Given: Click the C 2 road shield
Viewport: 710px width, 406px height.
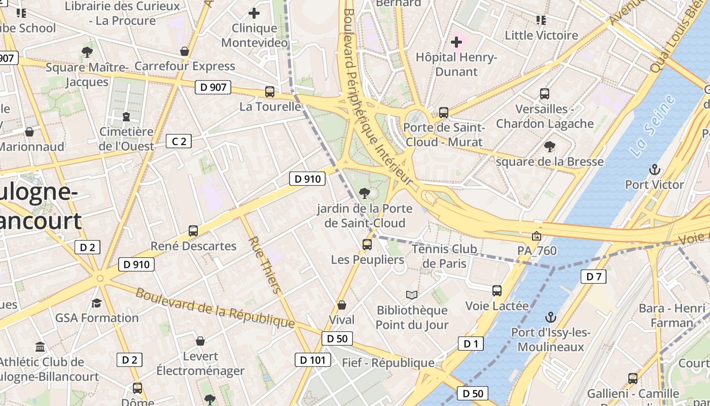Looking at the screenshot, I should tap(179, 141).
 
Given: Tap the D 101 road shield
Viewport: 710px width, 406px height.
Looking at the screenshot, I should tap(312, 360).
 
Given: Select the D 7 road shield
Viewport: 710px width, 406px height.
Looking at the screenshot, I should tap(593, 277).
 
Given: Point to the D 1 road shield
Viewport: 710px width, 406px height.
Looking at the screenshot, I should tap(471, 344).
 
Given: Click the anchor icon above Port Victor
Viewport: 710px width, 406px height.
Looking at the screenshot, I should tap(654, 169).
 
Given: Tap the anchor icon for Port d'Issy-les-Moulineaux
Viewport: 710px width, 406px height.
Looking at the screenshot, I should tap(550, 317).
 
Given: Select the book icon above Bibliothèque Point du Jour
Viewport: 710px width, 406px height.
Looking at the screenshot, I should tap(412, 295).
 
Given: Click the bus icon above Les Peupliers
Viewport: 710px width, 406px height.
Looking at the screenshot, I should tap(367, 244).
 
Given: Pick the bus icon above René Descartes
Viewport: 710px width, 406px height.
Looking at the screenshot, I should tap(193, 230).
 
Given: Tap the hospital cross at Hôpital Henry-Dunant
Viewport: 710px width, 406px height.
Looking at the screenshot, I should tap(456, 42).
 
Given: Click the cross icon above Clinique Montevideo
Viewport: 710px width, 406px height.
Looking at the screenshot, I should tap(254, 13).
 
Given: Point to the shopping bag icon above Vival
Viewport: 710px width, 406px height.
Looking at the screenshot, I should tap(342, 305).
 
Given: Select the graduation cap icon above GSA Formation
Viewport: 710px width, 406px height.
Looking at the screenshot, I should tap(96, 303).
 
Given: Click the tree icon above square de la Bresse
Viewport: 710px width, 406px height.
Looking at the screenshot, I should tap(549, 147).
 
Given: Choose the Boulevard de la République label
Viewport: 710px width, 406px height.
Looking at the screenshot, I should tap(215, 308).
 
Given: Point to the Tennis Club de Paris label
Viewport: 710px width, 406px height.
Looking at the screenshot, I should tap(444, 256).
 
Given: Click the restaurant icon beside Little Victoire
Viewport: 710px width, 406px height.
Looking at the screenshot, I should tap(541, 20).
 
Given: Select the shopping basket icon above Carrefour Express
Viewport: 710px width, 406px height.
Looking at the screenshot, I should tap(185, 51).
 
